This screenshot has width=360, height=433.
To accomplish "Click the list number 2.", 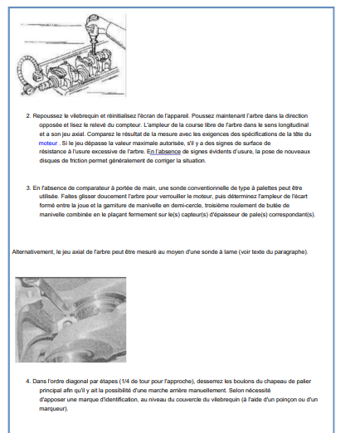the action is (28, 116).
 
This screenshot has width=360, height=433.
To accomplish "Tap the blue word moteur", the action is (48, 144).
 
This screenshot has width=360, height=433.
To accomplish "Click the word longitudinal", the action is (294, 125).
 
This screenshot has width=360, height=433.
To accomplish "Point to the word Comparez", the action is (99, 134).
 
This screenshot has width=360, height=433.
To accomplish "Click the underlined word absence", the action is (169, 152).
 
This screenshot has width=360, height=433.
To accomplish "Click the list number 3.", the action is (28, 188).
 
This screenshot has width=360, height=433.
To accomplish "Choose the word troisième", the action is (216, 206).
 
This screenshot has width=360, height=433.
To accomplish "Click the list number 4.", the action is (28, 382).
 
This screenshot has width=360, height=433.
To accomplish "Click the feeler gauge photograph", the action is (71, 319).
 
